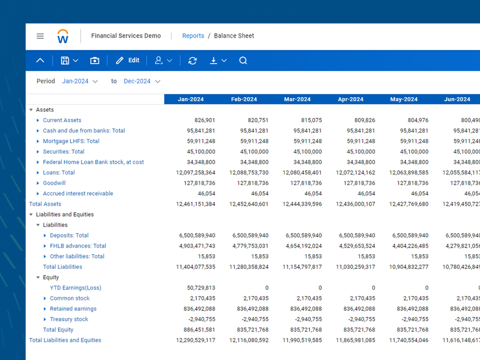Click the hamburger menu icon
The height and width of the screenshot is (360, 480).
coord(40,36)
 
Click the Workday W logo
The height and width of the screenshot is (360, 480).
coord(63,36)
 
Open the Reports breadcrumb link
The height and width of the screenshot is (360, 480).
coord(193,36)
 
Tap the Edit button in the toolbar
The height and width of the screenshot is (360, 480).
coord(128,61)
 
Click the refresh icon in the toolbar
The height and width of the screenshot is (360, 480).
coord(193,61)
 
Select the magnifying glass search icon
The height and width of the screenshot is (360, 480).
coord(243,61)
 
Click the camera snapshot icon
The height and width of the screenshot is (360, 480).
coord(95,61)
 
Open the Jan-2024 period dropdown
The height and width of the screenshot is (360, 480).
coord(80,81)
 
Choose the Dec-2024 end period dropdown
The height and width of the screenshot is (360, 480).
coord(142,81)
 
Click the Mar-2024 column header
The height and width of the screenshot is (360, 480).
coord(297,99)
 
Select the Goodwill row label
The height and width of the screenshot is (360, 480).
coord(54,183)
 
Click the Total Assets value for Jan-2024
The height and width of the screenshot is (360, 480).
coord(195,204)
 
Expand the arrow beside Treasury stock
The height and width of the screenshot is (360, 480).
coord(45,320)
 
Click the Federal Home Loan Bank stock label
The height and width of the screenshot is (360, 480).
coord(93,162)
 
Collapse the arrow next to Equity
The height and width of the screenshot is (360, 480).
coord(38,278)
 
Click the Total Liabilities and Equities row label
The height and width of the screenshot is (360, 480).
coord(65,340)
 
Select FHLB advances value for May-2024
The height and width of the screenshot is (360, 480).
coord(409,246)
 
